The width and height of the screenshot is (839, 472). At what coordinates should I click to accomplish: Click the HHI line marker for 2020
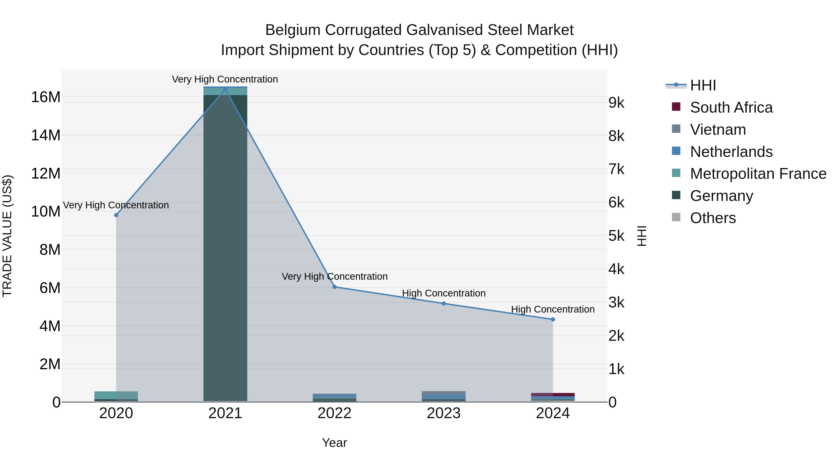(x=116, y=215)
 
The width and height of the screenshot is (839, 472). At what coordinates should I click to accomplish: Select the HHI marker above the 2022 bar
(x=334, y=287)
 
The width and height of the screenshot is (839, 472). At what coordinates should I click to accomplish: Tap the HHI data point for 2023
(x=444, y=303)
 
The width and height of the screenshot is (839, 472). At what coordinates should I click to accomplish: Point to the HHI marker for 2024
(x=553, y=320)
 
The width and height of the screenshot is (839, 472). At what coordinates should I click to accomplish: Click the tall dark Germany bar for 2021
(x=225, y=248)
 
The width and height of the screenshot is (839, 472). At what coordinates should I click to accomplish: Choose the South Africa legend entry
(x=731, y=107)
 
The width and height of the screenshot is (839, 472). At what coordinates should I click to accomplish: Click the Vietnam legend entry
(x=718, y=130)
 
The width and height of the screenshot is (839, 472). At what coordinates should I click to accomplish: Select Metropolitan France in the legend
(x=758, y=174)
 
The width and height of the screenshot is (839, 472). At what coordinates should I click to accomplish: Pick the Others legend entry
(x=713, y=218)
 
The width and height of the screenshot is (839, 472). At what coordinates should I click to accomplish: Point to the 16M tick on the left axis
(x=46, y=97)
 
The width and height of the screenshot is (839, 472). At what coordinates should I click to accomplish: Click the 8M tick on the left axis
(x=50, y=250)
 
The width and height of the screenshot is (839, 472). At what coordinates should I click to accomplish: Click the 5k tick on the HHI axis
(x=616, y=236)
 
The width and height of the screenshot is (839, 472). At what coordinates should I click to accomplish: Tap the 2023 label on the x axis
(x=444, y=413)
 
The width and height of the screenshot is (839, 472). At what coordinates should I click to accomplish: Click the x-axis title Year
(x=334, y=443)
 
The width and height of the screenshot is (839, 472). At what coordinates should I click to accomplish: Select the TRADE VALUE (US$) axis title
(x=7, y=236)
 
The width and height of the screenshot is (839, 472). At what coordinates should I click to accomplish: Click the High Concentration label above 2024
(x=553, y=309)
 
